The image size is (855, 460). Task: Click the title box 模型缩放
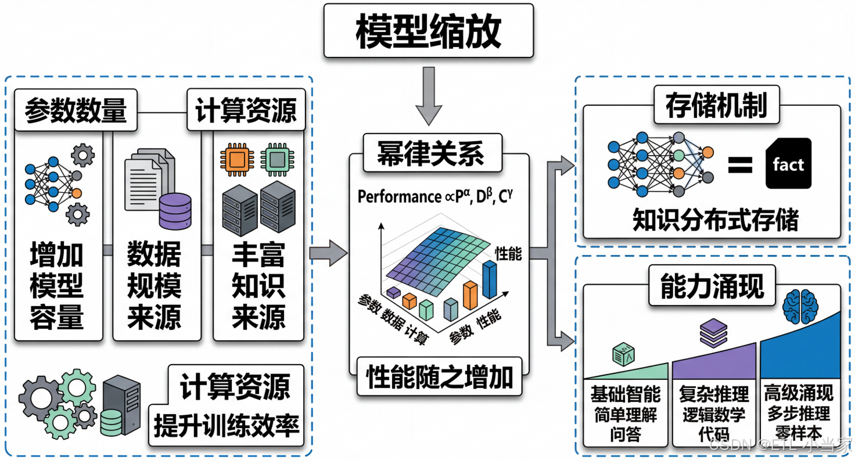coord(428,31)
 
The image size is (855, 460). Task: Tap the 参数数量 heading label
coord(76,109)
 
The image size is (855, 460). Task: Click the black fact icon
coord(788,164)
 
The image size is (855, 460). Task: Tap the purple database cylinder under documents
coord(174,211)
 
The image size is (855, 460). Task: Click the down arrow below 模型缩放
coord(429,95)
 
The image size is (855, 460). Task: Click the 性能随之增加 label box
coord(440,376)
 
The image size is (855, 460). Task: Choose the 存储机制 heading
coord(717,106)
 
